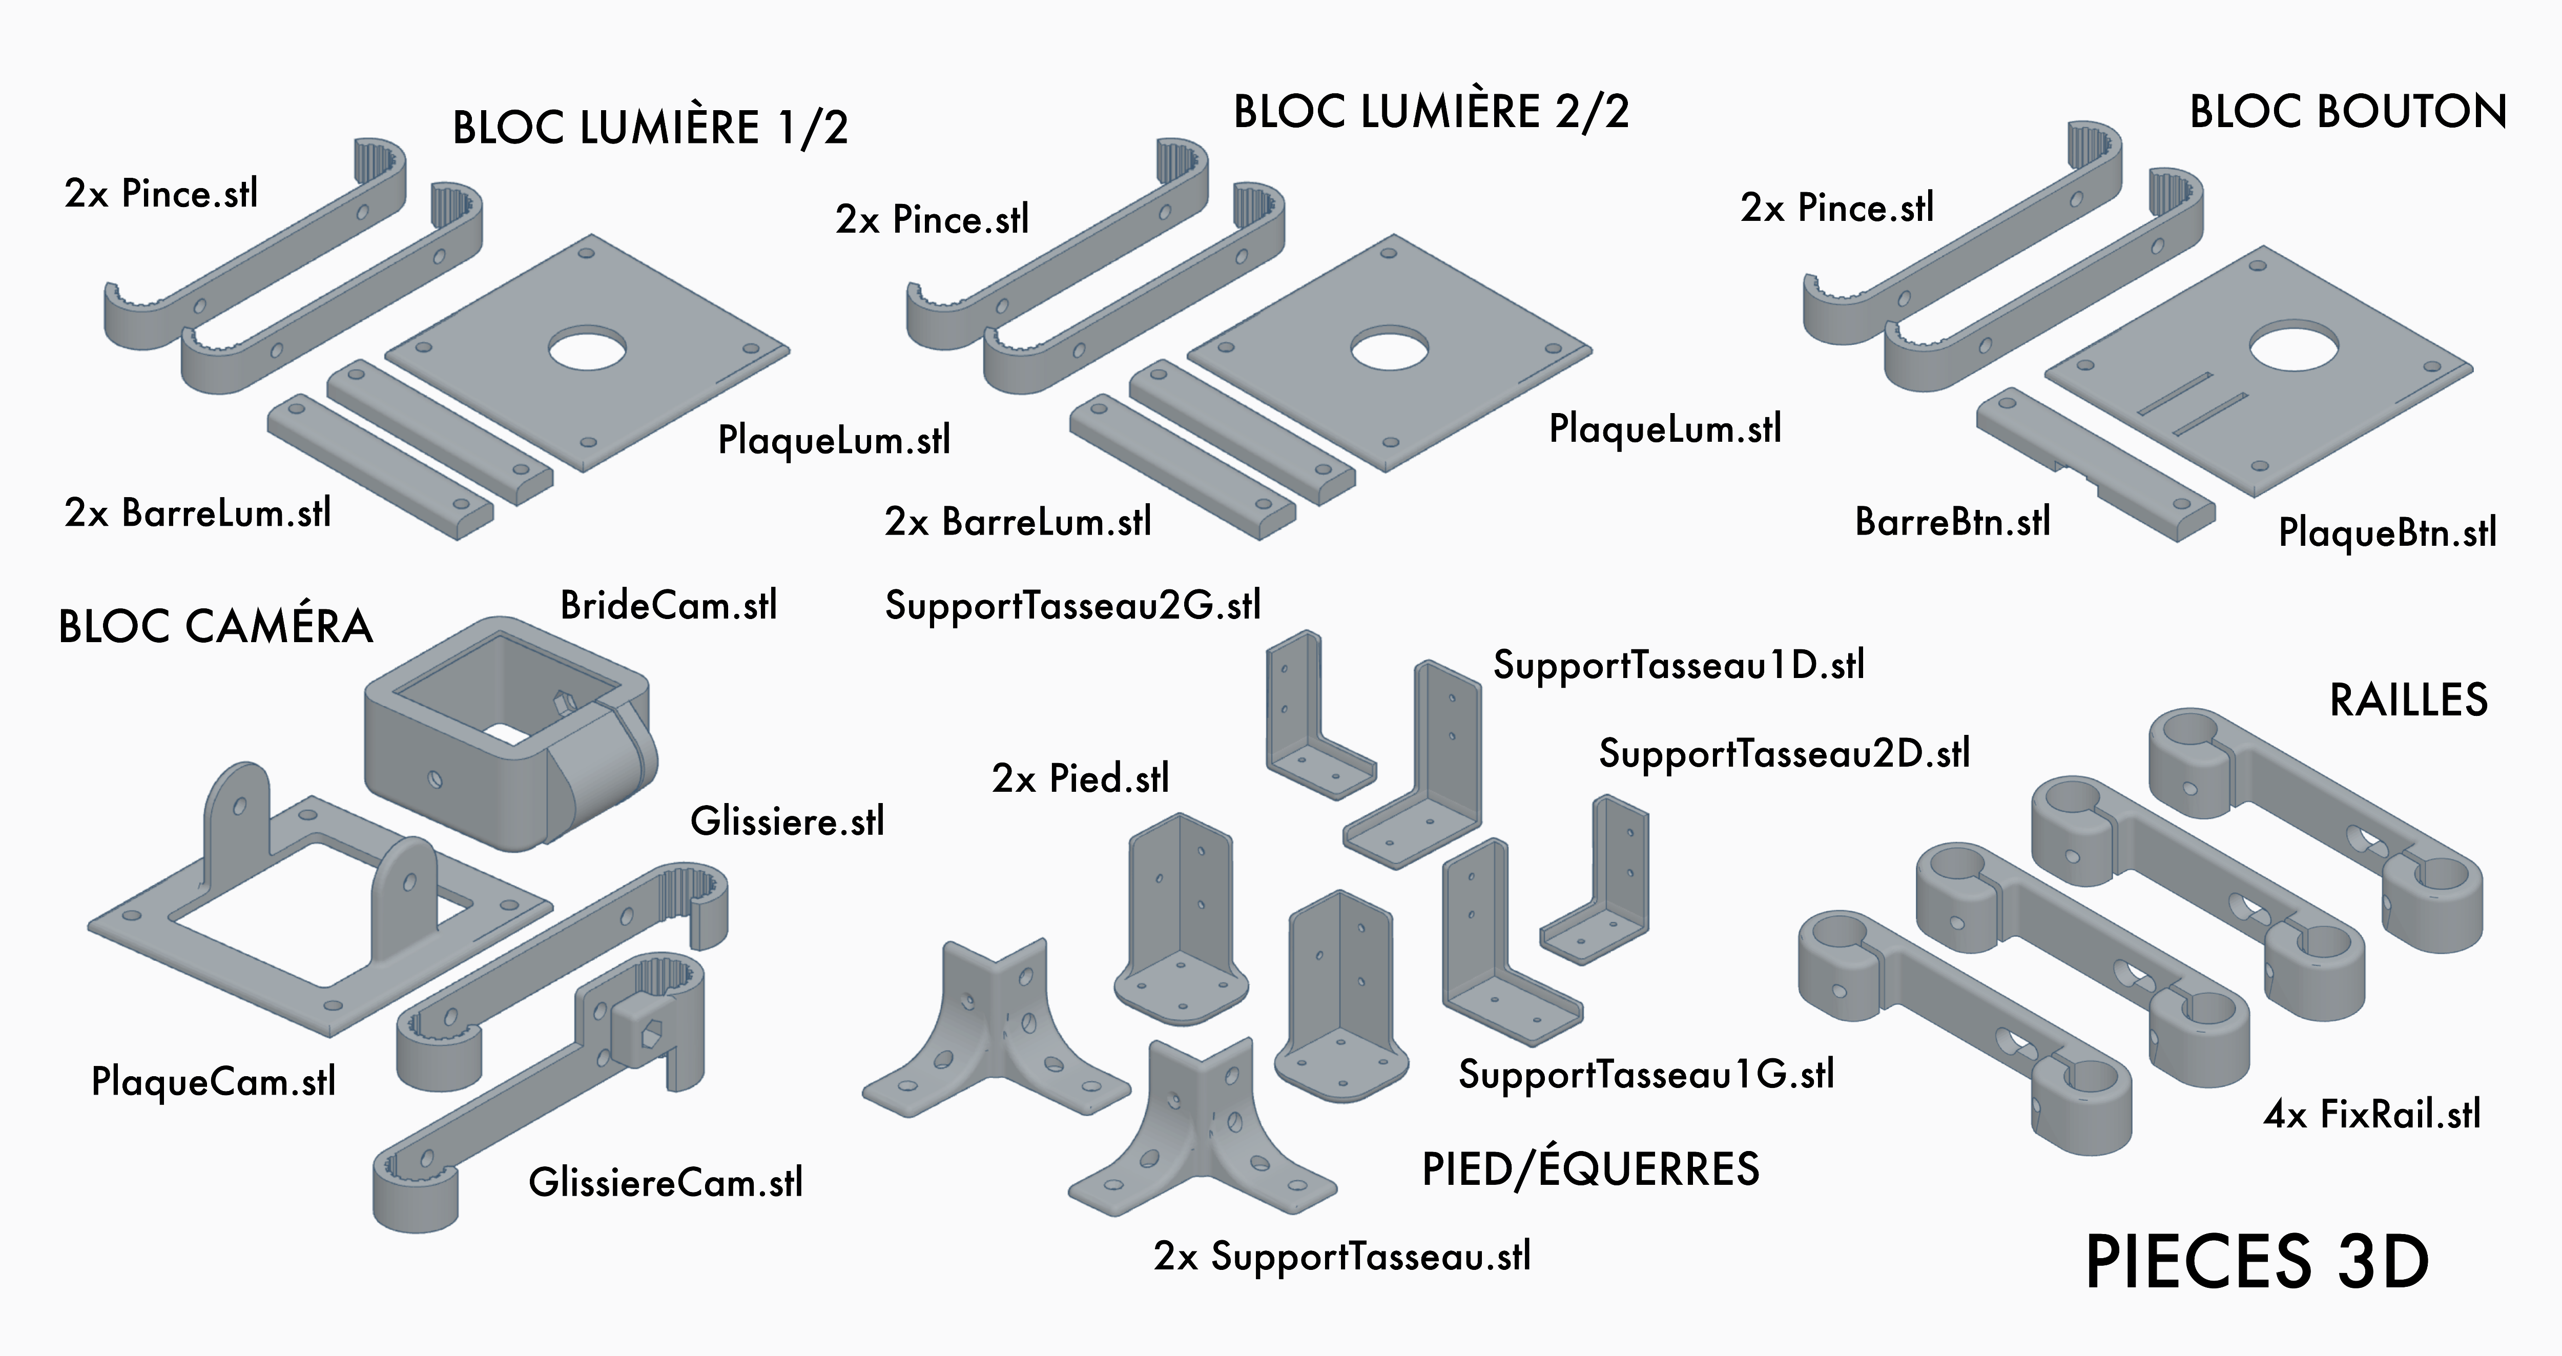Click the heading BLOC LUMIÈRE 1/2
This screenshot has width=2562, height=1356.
pos(650,128)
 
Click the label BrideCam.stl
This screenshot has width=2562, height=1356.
pos(668,605)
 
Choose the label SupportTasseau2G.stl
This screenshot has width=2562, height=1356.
pos(1072,605)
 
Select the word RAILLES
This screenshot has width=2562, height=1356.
pos(2408,701)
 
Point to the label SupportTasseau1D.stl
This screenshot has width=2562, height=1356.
pos(1678,665)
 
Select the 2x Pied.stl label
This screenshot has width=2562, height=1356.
pos(1080,778)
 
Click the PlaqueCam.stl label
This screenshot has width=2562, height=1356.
pos(213,1081)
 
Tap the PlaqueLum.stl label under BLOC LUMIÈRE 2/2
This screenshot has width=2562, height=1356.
pos(1665,429)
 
